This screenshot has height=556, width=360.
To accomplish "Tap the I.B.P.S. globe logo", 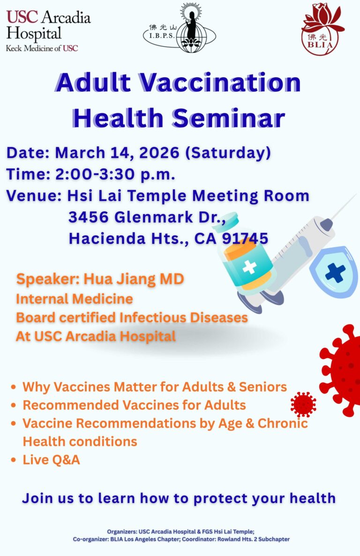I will [x=180, y=29].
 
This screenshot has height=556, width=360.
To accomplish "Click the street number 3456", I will [x=88, y=217].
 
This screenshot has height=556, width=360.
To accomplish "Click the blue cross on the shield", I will [x=335, y=272].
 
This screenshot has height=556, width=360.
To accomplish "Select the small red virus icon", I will [x=303, y=404].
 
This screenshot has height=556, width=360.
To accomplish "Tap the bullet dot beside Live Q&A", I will [x=14, y=460].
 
